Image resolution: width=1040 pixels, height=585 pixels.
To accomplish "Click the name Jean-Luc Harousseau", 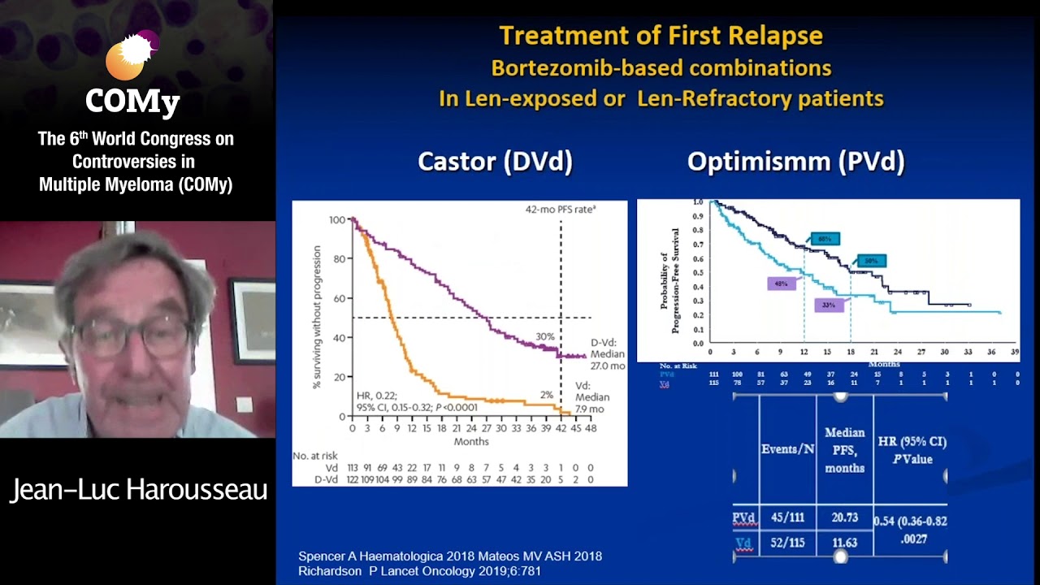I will (x=138, y=490).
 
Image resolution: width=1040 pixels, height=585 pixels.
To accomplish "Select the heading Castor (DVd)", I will (x=495, y=161).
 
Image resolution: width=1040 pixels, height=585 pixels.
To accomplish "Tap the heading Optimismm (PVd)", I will (x=795, y=161).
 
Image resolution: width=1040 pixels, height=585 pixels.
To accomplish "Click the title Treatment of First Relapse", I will (x=661, y=36).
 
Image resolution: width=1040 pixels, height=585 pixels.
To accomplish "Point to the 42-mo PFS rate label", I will (x=561, y=209).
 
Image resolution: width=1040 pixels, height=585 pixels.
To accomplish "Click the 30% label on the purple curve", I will (x=544, y=336).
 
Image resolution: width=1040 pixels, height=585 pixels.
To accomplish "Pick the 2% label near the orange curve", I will (x=547, y=394).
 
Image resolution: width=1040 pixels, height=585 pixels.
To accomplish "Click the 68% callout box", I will (x=824, y=239).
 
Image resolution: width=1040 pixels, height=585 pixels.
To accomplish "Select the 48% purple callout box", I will (x=782, y=284).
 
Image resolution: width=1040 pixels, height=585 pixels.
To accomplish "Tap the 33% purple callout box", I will (x=829, y=305).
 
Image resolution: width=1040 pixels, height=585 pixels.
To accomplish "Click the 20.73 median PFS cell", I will (x=844, y=518).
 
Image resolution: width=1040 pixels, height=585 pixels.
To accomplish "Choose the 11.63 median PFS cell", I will (x=844, y=542).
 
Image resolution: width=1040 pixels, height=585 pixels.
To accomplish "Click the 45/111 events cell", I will (x=787, y=518).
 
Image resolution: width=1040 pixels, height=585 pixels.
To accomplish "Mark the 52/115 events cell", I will (x=787, y=542).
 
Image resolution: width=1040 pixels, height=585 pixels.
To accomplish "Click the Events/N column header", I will (x=787, y=448).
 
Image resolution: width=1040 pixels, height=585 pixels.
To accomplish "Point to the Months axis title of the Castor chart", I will (x=471, y=441).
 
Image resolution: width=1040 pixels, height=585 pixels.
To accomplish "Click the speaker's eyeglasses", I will (x=134, y=333).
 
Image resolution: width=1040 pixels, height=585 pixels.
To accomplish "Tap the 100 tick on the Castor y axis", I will (x=337, y=220).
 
